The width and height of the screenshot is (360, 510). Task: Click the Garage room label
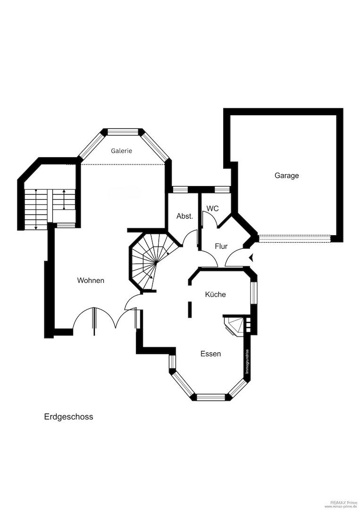click(x=286, y=176)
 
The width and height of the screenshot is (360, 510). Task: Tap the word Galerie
click(x=122, y=151)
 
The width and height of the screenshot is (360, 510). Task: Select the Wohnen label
click(x=91, y=280)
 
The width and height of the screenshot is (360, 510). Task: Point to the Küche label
click(x=216, y=294)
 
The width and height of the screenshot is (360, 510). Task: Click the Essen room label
click(x=210, y=354)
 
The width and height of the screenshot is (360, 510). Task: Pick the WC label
click(x=212, y=208)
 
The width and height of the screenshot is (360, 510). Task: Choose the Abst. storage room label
click(x=185, y=216)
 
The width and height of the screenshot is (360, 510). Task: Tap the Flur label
click(x=221, y=246)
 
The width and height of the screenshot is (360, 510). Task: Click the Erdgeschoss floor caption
click(x=68, y=416)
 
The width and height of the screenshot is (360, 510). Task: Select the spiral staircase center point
click(x=156, y=261)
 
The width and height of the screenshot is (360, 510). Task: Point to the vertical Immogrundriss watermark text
click(x=247, y=361)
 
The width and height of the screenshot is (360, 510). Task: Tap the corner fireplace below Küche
click(x=234, y=326)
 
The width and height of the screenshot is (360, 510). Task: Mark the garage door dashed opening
click(x=294, y=238)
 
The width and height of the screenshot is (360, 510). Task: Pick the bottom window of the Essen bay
click(x=211, y=397)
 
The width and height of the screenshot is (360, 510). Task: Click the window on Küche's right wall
click(x=253, y=293)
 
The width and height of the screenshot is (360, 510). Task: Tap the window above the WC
click(x=222, y=189)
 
